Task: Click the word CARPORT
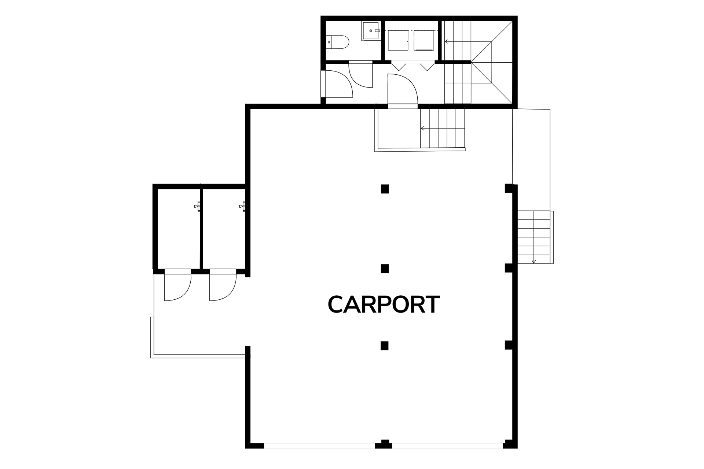[x=384, y=304]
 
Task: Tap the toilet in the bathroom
[x=338, y=42]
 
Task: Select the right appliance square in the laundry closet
[x=423, y=40]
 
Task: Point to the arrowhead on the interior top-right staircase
[x=446, y=42]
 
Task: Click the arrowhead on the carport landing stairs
[x=422, y=128]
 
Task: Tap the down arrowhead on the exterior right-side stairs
[x=534, y=261]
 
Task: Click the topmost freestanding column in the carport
[x=384, y=189]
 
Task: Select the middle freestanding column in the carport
[x=384, y=269]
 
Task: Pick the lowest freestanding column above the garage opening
[x=384, y=346]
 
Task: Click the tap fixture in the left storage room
[x=197, y=206]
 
